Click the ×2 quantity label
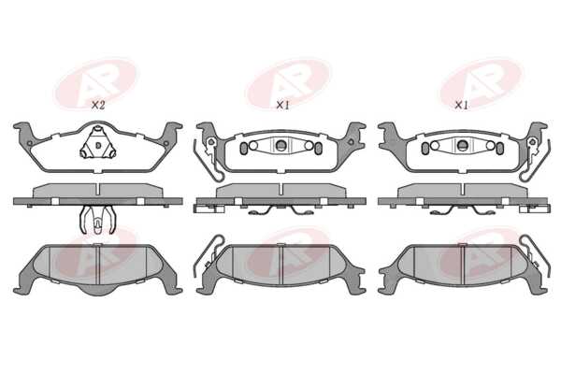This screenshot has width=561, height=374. click(x=97, y=106)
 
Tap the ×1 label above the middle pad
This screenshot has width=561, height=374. click(x=282, y=106)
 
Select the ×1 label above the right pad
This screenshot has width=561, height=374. click(x=461, y=106)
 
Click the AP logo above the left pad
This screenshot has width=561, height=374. click(x=96, y=83)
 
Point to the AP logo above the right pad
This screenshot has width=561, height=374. click(x=482, y=83)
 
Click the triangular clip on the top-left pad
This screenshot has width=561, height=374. click(x=97, y=144)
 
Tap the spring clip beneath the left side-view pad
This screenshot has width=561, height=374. click(x=97, y=220)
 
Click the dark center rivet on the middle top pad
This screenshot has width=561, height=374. click(x=281, y=145)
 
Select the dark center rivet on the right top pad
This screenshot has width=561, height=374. click(x=462, y=145)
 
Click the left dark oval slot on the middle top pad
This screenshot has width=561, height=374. click(x=244, y=148)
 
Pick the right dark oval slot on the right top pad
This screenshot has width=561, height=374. click(x=500, y=148)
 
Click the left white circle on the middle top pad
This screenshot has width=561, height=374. click(x=253, y=145)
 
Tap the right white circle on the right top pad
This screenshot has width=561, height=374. click(x=491, y=145)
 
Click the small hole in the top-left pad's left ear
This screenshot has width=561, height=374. click(x=30, y=143)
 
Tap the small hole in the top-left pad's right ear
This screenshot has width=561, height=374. click(x=166, y=143)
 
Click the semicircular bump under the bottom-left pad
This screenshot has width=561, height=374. click(x=97, y=290)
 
